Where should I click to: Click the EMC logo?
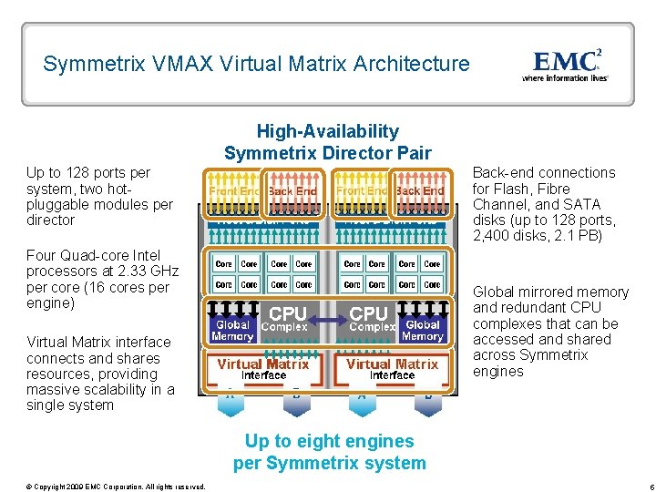[565, 61]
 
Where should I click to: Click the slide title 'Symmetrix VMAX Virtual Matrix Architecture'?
[256, 65]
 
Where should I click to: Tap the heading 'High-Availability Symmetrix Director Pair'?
[328, 142]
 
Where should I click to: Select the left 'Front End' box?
[235, 191]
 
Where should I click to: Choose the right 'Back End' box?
[420, 191]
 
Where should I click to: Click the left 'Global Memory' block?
[232, 330]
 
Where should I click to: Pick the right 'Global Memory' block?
[423, 330]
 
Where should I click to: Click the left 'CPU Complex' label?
[284, 319]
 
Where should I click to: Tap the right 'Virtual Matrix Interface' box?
[393, 368]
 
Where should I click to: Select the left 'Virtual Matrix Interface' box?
[263, 368]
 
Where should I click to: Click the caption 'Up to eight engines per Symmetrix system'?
[329, 452]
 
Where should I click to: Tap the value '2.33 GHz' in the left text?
[148, 272]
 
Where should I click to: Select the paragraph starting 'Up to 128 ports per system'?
[99, 196]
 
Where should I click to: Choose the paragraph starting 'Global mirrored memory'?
[550, 332]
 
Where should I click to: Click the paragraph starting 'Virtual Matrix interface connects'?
[99, 374]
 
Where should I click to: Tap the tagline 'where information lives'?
[565, 78]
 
